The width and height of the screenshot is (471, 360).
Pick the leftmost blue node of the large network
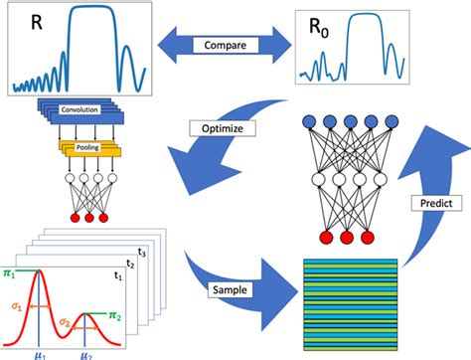click(x=309, y=121)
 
